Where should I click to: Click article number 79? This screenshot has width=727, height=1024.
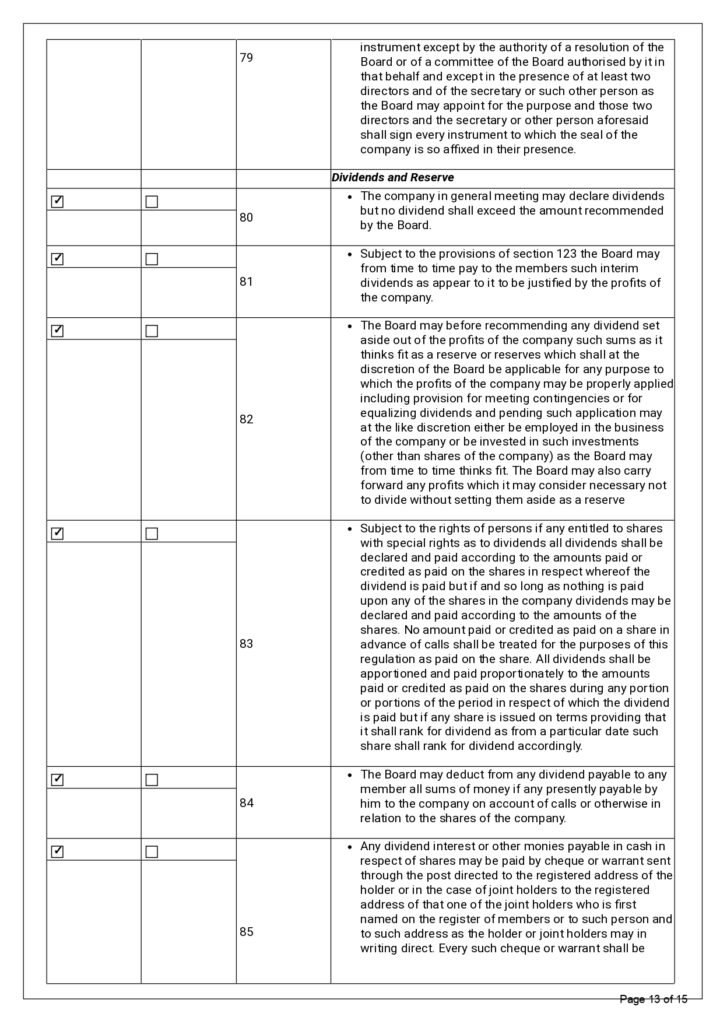point(247,58)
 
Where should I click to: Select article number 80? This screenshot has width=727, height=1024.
point(247,215)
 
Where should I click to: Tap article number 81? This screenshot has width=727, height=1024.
point(247,282)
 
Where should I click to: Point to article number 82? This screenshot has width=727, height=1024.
point(247,419)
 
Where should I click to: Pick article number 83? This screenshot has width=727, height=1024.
point(247,644)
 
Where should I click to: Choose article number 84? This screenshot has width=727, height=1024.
point(247,802)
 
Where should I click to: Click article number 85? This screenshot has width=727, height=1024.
point(247,931)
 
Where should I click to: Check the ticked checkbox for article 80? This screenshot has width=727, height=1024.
point(57,201)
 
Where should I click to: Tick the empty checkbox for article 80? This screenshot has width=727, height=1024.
point(152,201)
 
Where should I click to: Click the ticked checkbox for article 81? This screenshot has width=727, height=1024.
point(57,259)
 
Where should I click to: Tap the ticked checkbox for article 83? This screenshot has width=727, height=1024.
point(57,533)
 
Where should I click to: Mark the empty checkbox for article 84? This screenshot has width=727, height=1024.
point(152,778)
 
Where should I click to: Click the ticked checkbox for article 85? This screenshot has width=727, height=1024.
point(57,851)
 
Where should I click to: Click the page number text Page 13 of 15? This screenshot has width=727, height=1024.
point(654,999)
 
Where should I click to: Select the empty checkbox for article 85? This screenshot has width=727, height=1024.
point(152,851)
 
